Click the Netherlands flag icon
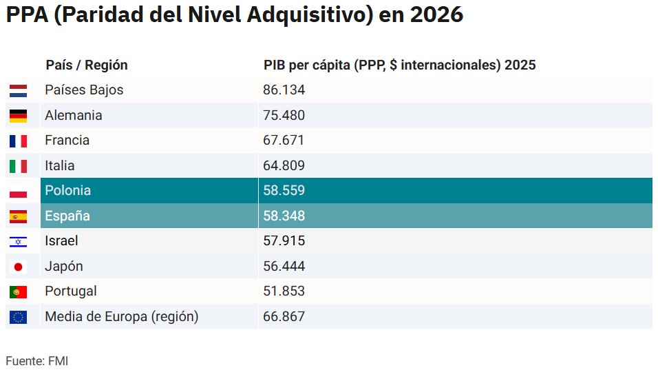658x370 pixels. [18, 90]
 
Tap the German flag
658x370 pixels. [18, 116]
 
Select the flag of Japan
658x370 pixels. [18, 267]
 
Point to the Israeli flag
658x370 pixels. [18, 241]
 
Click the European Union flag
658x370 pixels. [18, 317]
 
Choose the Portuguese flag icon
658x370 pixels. [18, 291]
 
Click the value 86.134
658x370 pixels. [284, 90]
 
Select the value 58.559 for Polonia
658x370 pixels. [284, 191]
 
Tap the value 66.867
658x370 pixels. [284, 317]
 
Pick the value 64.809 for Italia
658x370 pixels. [284, 166]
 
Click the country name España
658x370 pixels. [67, 216]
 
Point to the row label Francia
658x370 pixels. [67, 141]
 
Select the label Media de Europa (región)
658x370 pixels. [121, 317]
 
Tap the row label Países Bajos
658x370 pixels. [84, 90]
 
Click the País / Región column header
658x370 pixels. [87, 65]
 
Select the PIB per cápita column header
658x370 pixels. [399, 65]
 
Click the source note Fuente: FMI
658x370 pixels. [37, 360]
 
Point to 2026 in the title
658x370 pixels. [436, 15]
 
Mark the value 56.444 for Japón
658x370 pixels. [284, 267]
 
